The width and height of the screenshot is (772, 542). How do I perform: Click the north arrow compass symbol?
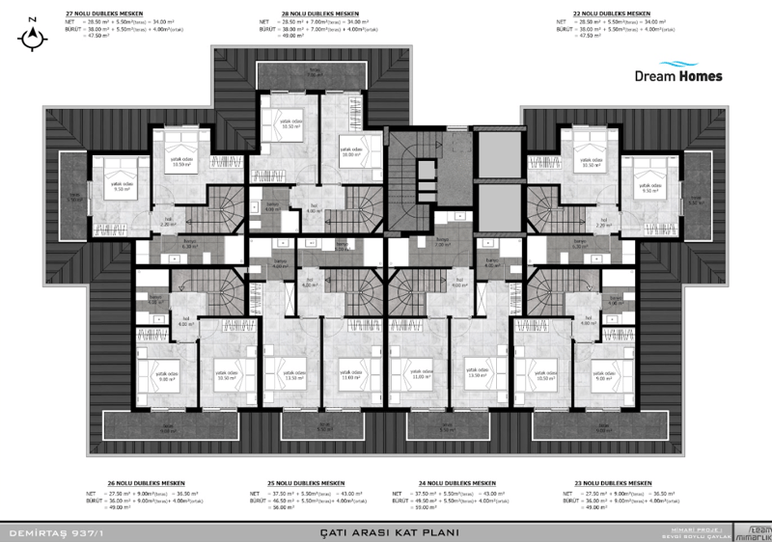[35, 35]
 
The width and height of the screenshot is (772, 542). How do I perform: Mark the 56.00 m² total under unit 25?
[282, 509]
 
